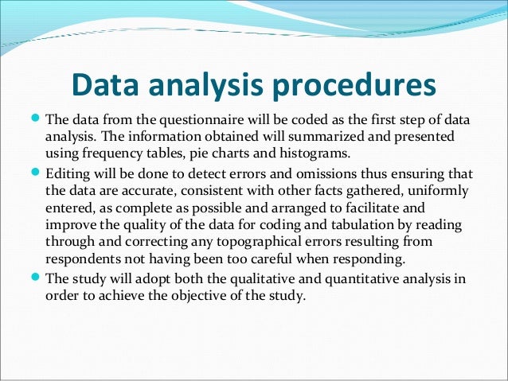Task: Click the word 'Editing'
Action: [x=67, y=174]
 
